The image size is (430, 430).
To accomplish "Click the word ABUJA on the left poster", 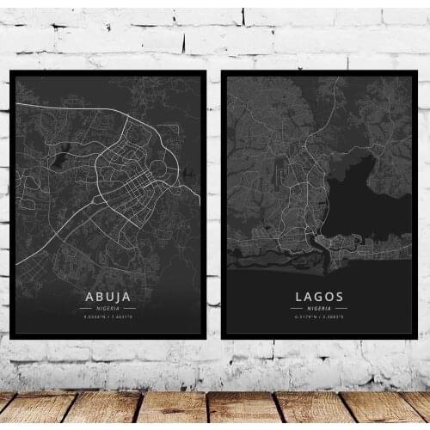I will [108, 297].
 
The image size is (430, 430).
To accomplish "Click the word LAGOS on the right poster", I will [319, 297].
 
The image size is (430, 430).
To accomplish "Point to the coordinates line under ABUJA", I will [108, 317].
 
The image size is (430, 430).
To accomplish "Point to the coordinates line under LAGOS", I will [319, 317].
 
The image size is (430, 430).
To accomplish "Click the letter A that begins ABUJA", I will [90, 297].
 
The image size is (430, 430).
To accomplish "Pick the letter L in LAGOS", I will [298, 297].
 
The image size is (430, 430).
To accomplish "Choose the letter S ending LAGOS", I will [340, 297].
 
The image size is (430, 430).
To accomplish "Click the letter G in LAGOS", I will [319, 297].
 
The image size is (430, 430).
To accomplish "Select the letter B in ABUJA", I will [100, 297].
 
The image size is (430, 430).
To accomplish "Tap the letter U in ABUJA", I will [109, 297].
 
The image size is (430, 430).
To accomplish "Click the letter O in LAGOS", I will [329, 297].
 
